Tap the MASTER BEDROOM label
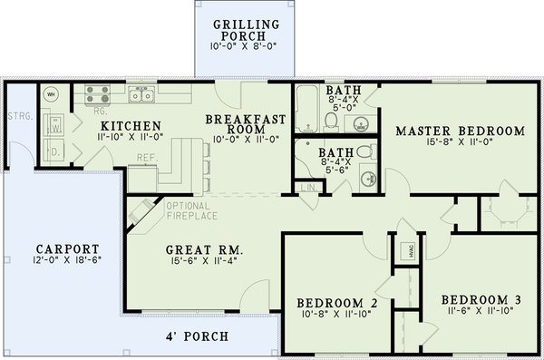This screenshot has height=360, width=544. (461, 131)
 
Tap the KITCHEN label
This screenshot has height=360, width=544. (131, 125)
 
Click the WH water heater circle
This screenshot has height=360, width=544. (51, 93)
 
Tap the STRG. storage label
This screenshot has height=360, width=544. (16, 116)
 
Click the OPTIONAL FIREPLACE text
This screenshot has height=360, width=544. (189, 210)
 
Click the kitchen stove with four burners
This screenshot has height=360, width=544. (97, 92)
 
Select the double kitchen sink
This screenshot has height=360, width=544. (141, 92)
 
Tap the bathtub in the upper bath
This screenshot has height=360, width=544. (306, 108)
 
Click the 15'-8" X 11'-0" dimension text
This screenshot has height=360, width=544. (461, 142)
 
